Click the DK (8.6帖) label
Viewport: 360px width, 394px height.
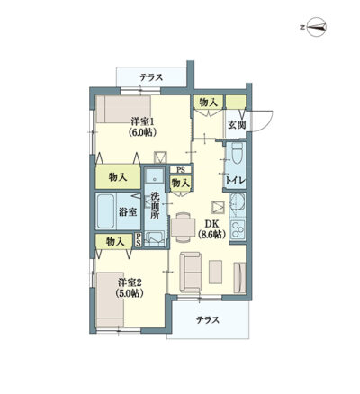212,229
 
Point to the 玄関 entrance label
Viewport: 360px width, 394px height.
237,125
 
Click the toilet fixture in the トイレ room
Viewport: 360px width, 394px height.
238,153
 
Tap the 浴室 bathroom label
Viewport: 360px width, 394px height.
128,212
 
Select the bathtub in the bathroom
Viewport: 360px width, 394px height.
106,211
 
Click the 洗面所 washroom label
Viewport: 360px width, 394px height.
155,206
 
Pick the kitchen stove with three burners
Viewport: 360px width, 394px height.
238,229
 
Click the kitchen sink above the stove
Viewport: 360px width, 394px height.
238,204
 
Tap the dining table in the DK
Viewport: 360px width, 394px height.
183,227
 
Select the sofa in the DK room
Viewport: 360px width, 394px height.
191,273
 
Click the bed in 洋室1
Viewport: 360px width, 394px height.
123,109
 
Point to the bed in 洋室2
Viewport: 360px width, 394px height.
110,300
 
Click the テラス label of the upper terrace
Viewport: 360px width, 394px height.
151,77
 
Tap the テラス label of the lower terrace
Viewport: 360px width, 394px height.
208,320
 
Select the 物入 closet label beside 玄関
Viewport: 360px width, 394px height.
208,103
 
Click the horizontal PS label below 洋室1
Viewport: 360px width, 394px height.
180,170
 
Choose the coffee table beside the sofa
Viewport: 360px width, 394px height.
215,272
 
